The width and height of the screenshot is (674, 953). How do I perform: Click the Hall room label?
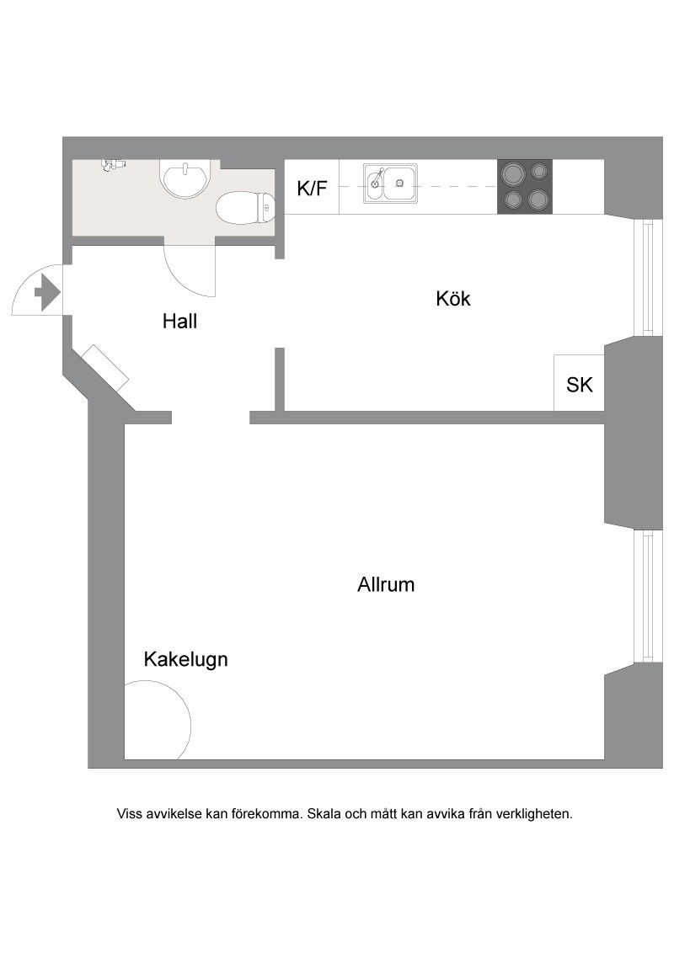click(179, 321)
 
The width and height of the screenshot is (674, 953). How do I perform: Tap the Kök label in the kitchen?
click(453, 298)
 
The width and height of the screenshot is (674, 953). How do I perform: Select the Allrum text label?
click(386, 585)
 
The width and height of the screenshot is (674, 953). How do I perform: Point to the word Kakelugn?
click(185, 659)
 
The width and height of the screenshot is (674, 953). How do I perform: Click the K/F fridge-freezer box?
click(312, 187)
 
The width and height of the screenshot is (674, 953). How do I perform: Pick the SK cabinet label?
click(579, 385)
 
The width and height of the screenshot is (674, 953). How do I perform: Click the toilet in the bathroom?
click(246, 207)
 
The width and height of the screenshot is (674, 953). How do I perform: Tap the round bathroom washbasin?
click(185, 178)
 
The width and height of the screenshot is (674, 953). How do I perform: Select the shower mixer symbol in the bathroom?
click(113, 164)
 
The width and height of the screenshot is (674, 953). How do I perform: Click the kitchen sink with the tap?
click(391, 183)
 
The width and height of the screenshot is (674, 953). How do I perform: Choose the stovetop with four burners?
click(525, 187)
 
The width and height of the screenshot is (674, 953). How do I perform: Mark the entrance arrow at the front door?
click(47, 293)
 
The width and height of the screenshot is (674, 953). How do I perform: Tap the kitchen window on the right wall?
click(648, 278)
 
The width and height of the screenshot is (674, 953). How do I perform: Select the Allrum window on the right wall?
click(648, 596)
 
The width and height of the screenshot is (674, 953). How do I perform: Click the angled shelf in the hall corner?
click(105, 368)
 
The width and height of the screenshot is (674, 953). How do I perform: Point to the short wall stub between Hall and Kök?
click(280, 379)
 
